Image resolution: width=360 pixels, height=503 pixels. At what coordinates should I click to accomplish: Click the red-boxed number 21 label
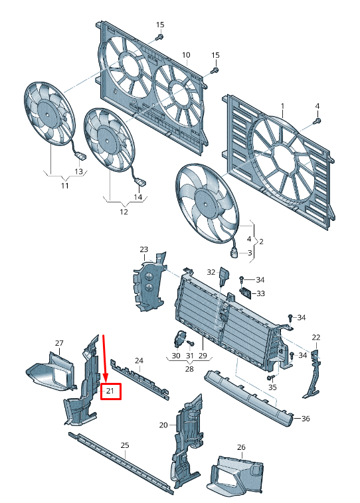point(111,392)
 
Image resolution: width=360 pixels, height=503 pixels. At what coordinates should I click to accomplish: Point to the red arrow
point(104,358)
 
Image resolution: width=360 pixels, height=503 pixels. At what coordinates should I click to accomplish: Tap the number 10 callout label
point(186,55)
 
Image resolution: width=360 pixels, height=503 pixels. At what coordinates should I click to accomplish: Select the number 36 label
point(306,418)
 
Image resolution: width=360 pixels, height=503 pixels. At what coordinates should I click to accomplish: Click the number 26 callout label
point(241,447)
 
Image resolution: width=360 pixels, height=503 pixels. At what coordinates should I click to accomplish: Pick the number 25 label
point(125,445)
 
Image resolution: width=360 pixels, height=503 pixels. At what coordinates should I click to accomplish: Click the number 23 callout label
point(144,250)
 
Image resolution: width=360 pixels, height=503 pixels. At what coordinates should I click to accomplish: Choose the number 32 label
point(211,272)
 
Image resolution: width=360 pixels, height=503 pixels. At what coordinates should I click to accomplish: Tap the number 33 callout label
point(260,293)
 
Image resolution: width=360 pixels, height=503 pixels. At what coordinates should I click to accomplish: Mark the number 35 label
point(272,387)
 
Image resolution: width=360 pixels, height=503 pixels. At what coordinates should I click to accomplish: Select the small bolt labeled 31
point(190,343)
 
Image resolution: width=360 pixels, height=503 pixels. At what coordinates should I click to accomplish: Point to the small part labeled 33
point(246,293)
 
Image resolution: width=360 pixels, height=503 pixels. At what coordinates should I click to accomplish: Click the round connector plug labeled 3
point(234,252)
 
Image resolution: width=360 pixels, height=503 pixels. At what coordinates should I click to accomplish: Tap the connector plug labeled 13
point(80,156)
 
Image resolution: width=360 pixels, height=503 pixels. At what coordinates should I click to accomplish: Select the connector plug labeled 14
point(141,182)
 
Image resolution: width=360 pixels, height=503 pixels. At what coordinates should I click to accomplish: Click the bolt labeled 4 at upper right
point(317,121)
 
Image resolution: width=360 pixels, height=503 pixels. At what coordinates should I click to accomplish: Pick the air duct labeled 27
point(51,372)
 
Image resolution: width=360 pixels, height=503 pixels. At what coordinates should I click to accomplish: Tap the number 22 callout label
point(316,337)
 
